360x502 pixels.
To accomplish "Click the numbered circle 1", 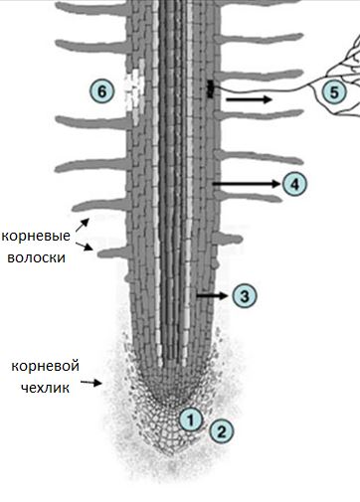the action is point(189,418).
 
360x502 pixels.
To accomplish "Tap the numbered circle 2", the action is point(221,430).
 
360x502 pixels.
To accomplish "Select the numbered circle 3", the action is point(244,295).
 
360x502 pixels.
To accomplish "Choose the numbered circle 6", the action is point(99,90).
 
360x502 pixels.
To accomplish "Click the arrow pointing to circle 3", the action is point(212,295).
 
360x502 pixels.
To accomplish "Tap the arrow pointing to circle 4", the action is point(246,184).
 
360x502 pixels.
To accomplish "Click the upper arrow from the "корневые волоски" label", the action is point(82,223).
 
